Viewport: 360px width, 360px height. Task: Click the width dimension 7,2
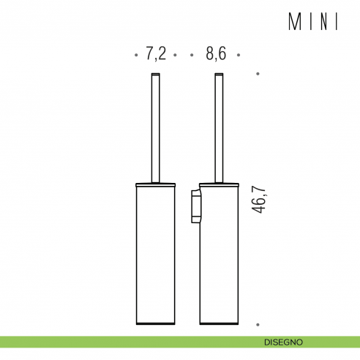156,53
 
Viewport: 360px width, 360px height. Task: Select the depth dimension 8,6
216,53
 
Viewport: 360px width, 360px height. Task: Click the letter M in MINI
293,23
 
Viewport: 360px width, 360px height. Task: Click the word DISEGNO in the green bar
284,342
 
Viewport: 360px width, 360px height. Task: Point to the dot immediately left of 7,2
137,55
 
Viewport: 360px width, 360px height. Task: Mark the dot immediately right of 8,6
239,55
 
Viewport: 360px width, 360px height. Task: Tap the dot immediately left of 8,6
191,55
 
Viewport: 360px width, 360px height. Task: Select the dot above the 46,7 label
258,74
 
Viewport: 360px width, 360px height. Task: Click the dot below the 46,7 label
258,324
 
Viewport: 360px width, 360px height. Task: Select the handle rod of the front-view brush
155,128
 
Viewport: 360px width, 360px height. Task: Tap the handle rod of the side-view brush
217,128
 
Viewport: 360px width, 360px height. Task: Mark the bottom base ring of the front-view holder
155,322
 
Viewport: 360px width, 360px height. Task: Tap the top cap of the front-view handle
155,75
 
